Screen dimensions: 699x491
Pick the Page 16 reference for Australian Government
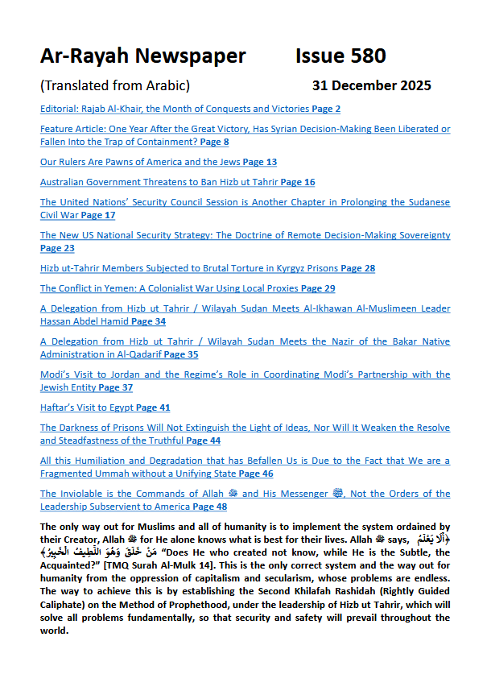[x=298, y=183]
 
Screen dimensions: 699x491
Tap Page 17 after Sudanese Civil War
[x=98, y=215]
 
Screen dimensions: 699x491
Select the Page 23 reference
[x=57, y=248]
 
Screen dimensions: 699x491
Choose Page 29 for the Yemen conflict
[x=318, y=288]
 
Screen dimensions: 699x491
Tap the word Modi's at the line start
[x=56, y=375]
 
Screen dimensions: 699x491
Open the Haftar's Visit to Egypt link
[x=87, y=408]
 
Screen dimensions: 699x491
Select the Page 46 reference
[x=256, y=474]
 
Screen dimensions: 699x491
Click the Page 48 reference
[x=210, y=507]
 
